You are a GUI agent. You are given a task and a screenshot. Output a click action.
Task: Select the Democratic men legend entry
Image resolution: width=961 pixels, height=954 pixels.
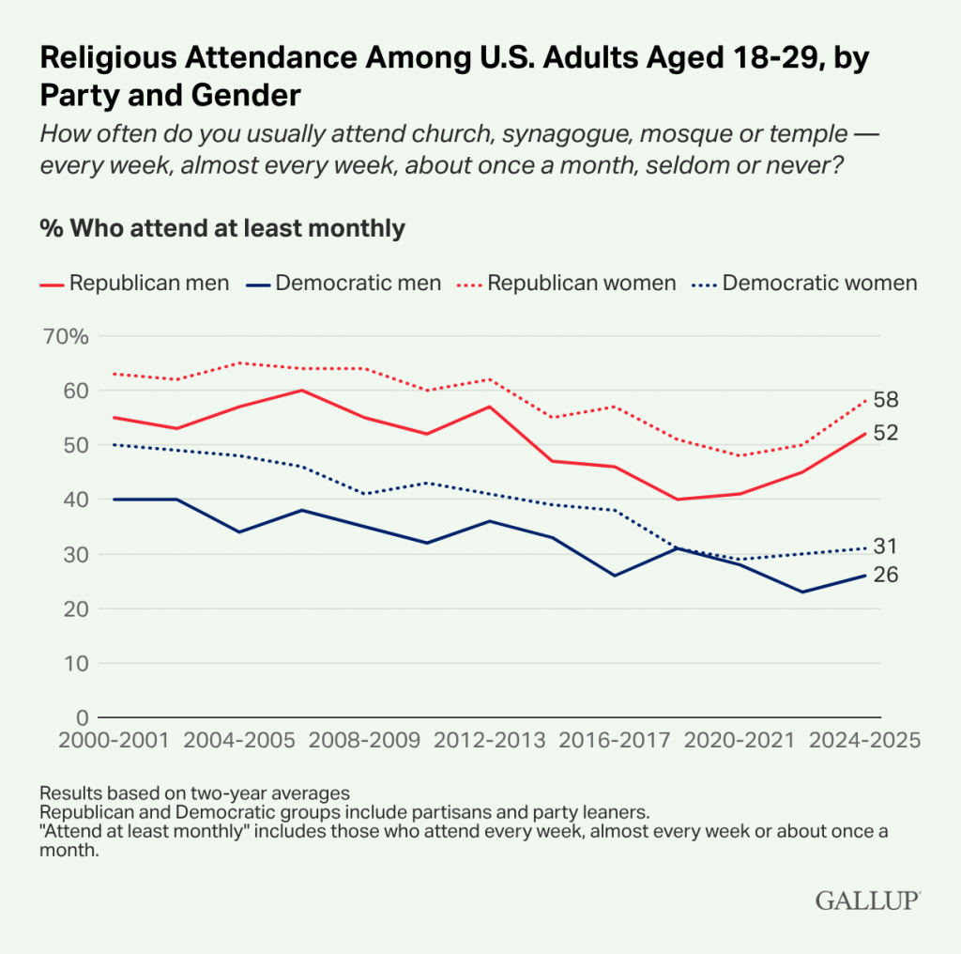coord(345,283)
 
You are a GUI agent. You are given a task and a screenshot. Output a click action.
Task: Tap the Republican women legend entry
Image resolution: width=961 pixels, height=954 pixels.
coord(567,283)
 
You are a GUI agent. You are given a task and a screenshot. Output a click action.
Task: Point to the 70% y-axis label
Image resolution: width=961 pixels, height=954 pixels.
coord(65,336)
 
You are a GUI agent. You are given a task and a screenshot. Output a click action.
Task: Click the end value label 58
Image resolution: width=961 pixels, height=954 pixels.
coord(886,400)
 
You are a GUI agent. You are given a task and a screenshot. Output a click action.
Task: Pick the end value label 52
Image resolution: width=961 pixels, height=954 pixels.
coord(886,433)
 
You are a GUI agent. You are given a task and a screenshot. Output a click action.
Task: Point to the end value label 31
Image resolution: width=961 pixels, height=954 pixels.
coord(886,546)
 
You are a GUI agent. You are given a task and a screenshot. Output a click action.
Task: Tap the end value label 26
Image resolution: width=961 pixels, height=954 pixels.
coord(886,575)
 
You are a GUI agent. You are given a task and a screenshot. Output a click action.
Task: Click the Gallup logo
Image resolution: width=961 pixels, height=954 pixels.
coord(868,900)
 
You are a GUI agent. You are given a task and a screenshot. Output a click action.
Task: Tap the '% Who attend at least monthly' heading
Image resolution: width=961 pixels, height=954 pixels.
coord(222,228)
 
